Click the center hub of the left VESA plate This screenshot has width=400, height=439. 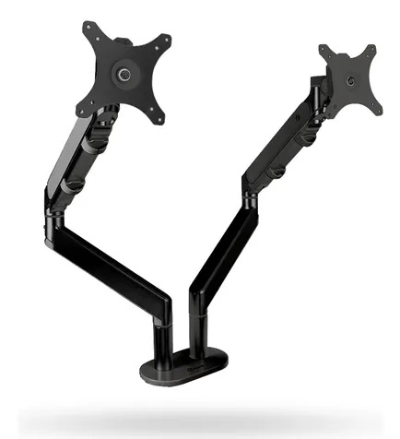123,73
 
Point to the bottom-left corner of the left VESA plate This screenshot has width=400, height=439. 81,104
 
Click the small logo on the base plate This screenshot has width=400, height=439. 188,374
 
